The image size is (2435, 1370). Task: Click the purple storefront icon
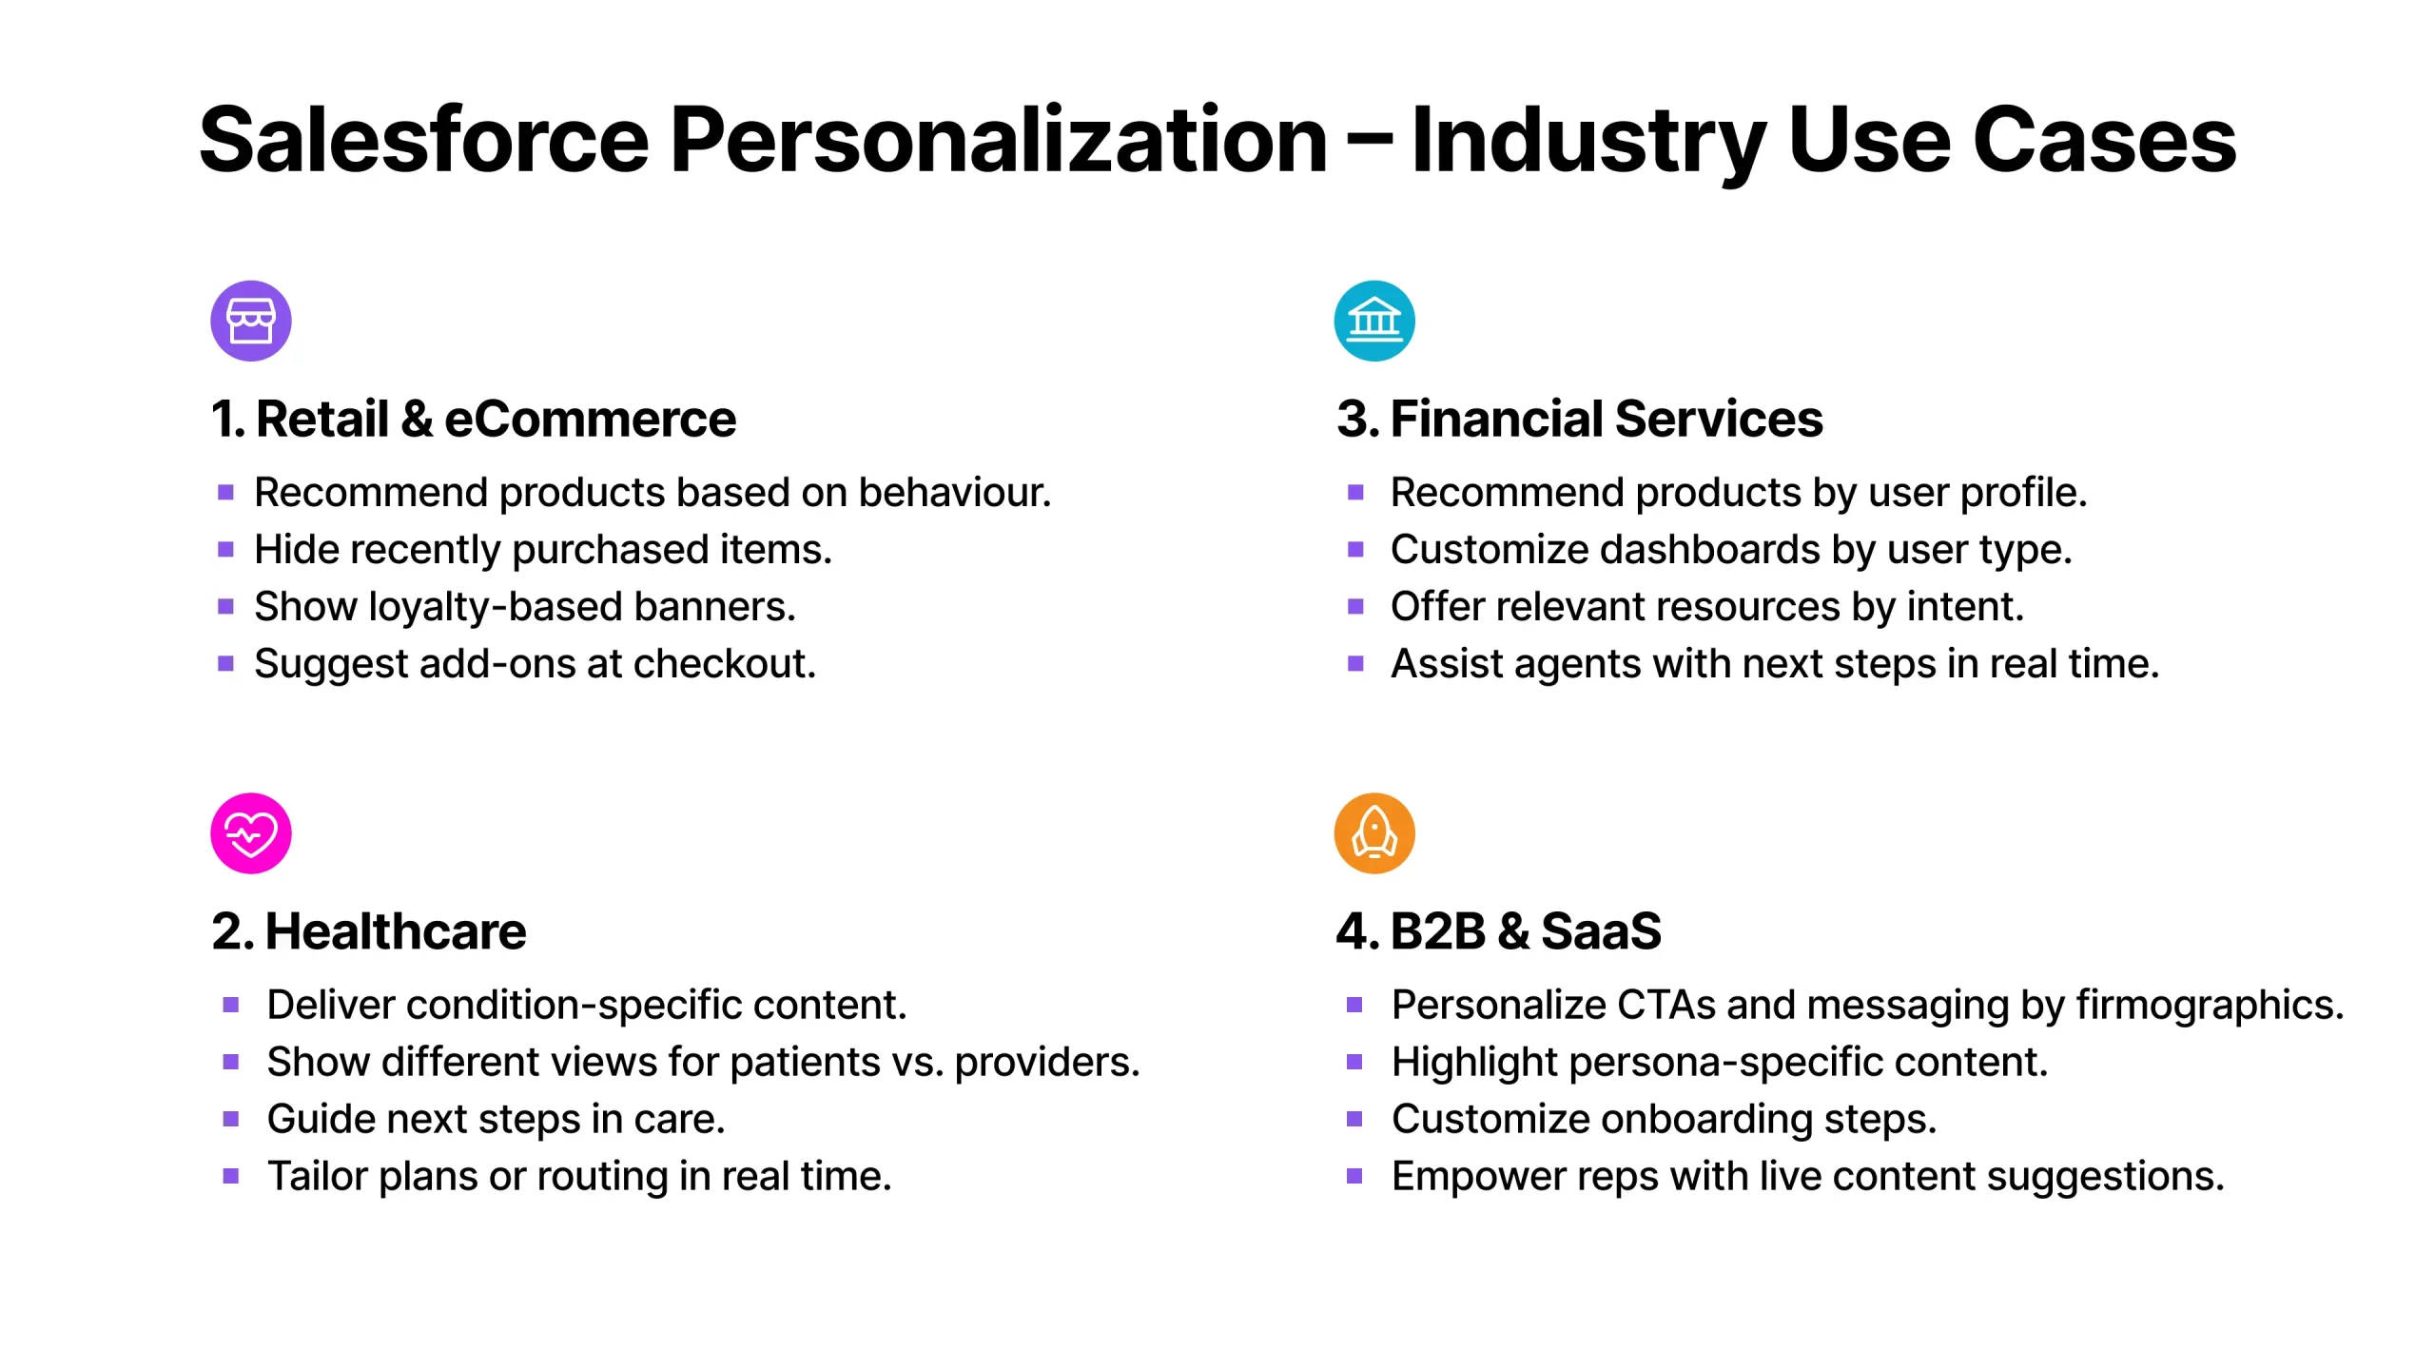click(251, 321)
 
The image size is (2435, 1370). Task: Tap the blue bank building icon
click(1374, 321)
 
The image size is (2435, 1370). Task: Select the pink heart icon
click(251, 833)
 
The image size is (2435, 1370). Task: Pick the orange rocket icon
click(1374, 833)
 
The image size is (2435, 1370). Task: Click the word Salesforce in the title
click(424, 140)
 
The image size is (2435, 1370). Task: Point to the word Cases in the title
click(2104, 140)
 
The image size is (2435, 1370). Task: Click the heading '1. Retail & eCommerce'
click(474, 419)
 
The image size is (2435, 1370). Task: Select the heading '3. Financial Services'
click(1579, 419)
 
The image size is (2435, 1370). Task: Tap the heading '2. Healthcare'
click(369, 930)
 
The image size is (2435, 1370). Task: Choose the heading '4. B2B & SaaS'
click(1498, 930)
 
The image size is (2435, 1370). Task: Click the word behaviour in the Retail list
click(955, 492)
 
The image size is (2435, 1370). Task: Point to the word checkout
click(725, 663)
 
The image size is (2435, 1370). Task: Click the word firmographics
click(2210, 1006)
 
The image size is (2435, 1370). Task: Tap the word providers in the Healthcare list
click(1047, 1062)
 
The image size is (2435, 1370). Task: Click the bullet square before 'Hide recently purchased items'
click(225, 549)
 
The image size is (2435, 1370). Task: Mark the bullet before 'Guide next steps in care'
click(230, 1119)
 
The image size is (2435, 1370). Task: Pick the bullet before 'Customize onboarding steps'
click(1354, 1119)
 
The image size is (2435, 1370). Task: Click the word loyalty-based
click(496, 607)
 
